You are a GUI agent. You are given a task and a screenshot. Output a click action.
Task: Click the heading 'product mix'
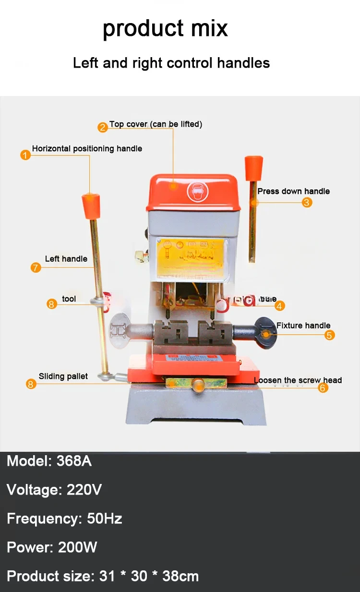(165, 28)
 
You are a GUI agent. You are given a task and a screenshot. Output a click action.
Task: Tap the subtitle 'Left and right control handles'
(171, 63)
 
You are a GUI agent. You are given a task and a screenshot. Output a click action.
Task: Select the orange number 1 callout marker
(25, 155)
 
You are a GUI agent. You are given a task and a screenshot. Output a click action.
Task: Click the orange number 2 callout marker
(103, 127)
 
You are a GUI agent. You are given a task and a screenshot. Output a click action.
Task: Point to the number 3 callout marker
(307, 202)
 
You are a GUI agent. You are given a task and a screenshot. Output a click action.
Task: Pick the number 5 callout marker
(329, 335)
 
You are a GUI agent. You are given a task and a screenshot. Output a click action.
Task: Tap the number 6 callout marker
(323, 387)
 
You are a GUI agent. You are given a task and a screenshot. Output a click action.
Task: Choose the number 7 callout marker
(36, 267)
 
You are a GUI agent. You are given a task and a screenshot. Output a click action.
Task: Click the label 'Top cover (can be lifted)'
(156, 124)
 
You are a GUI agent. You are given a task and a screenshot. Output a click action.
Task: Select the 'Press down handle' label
(293, 191)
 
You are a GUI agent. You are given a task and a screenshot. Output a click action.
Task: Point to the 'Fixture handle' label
(303, 326)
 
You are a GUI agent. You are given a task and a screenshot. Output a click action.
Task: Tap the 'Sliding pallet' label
(63, 376)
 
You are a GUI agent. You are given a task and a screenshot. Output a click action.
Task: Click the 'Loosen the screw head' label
(298, 380)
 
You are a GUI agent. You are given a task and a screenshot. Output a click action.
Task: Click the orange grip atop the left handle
(90, 205)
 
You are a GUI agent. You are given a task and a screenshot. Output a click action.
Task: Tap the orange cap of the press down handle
(254, 167)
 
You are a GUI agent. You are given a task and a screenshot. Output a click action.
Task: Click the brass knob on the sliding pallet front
(196, 384)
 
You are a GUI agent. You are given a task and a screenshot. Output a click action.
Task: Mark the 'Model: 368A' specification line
(49, 461)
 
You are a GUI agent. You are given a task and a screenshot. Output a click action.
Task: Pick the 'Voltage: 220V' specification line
(54, 490)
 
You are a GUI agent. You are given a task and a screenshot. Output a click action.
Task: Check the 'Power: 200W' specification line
(52, 547)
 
